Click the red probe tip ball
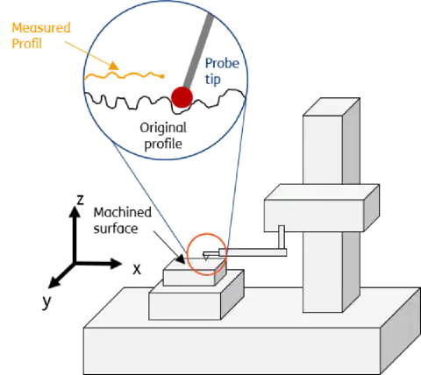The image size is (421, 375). click(x=182, y=96)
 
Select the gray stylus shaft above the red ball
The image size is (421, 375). click(x=197, y=48)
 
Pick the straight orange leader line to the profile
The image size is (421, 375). click(x=83, y=51)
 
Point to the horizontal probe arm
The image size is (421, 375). click(x=254, y=254)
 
